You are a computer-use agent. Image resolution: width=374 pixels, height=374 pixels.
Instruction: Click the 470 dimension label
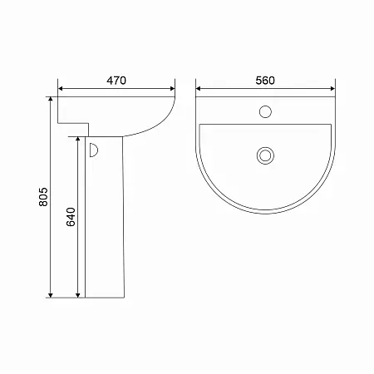click(x=116, y=81)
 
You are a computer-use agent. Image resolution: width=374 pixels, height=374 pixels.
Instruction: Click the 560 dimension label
click(x=265, y=81)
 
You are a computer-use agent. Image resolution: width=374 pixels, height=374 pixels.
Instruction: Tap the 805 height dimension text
click(x=43, y=197)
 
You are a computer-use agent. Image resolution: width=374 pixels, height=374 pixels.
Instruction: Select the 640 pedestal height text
click(x=71, y=217)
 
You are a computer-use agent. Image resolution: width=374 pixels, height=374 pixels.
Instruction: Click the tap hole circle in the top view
click(x=265, y=111)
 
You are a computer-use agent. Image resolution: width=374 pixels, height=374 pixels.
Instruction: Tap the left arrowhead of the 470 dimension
click(x=61, y=89)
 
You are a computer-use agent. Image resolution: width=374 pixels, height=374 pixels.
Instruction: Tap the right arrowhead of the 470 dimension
click(x=172, y=89)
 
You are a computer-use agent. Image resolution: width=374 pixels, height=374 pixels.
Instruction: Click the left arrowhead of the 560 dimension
click(x=199, y=89)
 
